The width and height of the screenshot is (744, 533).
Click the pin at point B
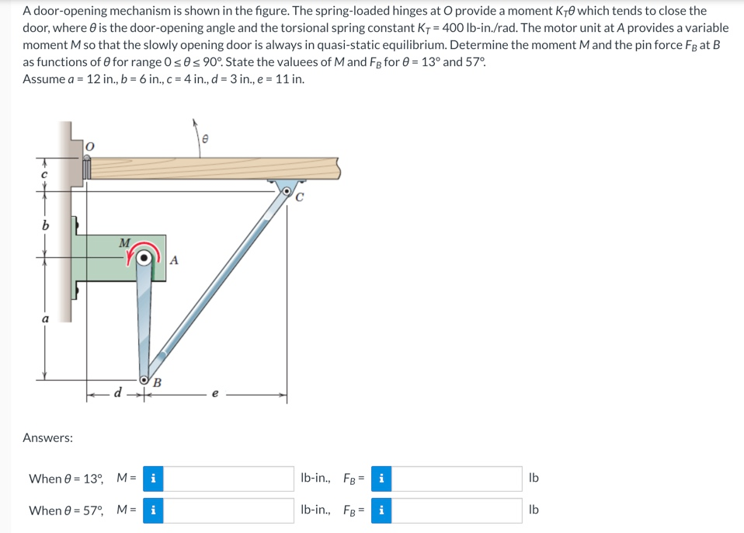pyautogui.click(x=145, y=381)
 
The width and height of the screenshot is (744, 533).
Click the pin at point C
pyautogui.click(x=287, y=189)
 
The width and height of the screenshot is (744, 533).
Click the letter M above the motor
pyautogui.click(x=124, y=242)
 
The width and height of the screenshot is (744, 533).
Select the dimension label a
pyautogui.click(x=45, y=319)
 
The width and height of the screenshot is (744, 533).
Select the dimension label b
pyautogui.click(x=45, y=225)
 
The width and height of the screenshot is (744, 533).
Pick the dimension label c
pyautogui.click(x=45, y=176)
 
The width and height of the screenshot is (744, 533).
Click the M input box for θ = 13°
pyautogui.click(x=228, y=479)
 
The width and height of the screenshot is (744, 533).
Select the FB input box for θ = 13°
pyautogui.click(x=457, y=479)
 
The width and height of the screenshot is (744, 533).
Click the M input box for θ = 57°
pyautogui.click(x=228, y=510)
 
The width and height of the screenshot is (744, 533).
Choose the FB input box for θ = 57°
pyautogui.click(x=457, y=510)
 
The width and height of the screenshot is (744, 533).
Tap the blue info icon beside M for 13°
pyautogui.click(x=153, y=479)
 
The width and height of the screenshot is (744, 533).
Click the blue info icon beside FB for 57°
pyautogui.click(x=381, y=510)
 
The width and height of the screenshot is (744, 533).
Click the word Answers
pyautogui.click(x=48, y=438)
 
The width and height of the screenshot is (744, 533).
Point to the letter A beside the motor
pyautogui.click(x=174, y=261)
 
